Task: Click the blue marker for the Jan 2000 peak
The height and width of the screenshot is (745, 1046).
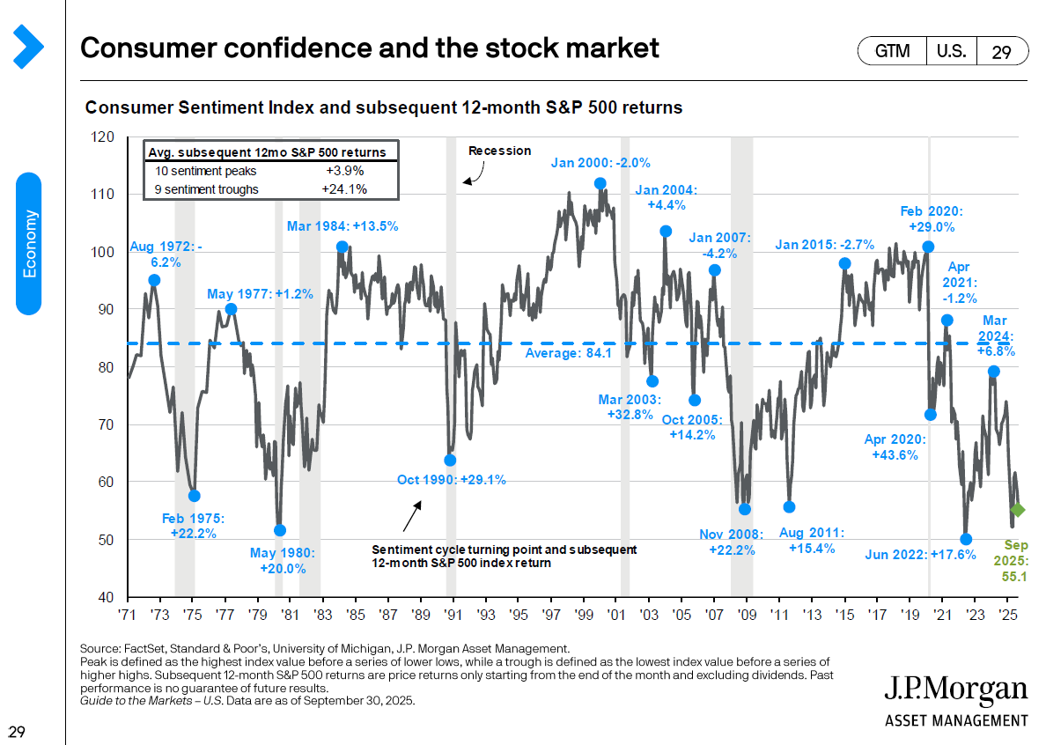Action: (600, 184)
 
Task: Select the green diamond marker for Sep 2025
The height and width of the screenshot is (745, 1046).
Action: (1017, 509)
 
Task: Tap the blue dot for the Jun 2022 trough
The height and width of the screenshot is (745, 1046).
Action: (966, 539)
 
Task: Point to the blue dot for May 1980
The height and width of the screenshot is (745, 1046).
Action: (280, 530)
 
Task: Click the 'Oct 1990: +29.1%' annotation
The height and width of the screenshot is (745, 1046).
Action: (451, 480)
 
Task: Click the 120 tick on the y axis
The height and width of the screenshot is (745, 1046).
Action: (104, 137)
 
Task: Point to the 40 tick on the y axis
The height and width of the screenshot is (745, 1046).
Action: (104, 597)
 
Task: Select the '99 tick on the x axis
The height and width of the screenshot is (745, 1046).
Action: (583, 614)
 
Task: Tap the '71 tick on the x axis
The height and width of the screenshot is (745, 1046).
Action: (129, 614)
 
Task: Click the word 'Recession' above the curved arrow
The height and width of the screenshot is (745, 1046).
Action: (499, 151)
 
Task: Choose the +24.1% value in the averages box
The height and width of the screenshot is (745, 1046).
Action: (345, 188)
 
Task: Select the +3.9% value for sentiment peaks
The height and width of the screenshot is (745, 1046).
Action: (345, 171)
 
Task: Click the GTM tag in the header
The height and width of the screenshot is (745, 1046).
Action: (891, 52)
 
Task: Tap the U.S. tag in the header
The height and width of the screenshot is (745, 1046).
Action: (950, 52)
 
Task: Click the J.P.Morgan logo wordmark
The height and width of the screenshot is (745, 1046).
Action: (955, 690)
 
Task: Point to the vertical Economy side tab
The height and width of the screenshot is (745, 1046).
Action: (29, 243)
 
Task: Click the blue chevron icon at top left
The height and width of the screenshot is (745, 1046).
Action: (28, 46)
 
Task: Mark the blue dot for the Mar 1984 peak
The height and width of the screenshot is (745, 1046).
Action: (342, 247)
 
